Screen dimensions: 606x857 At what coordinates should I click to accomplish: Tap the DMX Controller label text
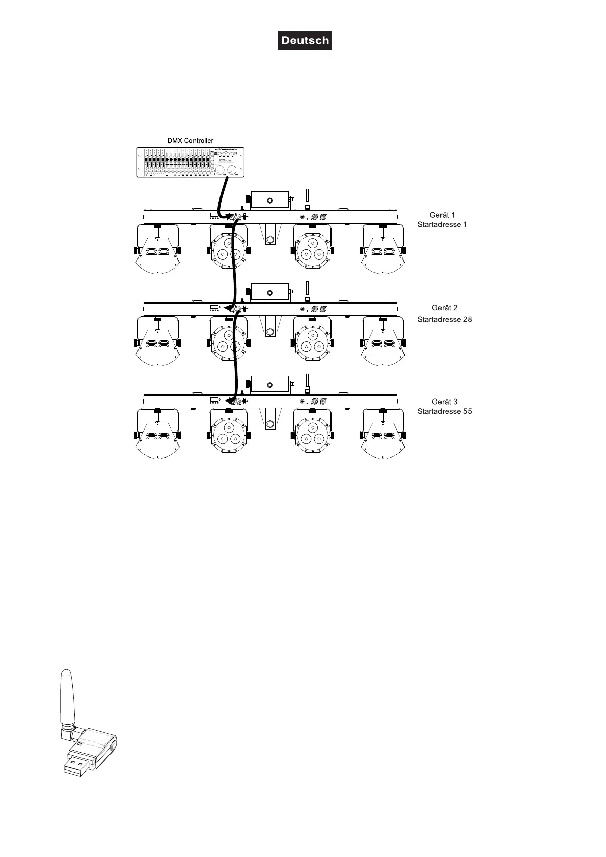(190, 140)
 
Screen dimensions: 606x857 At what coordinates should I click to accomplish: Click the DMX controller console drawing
(190, 162)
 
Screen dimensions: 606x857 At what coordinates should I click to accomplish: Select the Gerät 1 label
(442, 215)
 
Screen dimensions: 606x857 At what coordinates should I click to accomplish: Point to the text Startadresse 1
(442, 224)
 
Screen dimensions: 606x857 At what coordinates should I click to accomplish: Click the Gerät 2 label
(445, 308)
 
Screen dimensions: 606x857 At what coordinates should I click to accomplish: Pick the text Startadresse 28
(445, 319)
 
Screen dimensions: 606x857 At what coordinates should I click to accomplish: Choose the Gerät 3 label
(445, 402)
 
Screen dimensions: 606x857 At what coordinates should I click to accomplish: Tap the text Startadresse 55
(445, 411)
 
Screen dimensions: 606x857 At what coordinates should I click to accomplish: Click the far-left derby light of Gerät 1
(157, 250)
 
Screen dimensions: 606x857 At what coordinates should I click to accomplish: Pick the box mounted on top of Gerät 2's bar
(270, 292)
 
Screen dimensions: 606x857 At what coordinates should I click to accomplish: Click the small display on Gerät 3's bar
(214, 401)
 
